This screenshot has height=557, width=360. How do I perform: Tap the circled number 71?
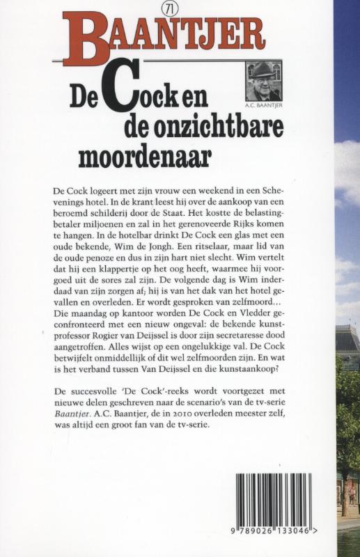[x=166, y=9]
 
